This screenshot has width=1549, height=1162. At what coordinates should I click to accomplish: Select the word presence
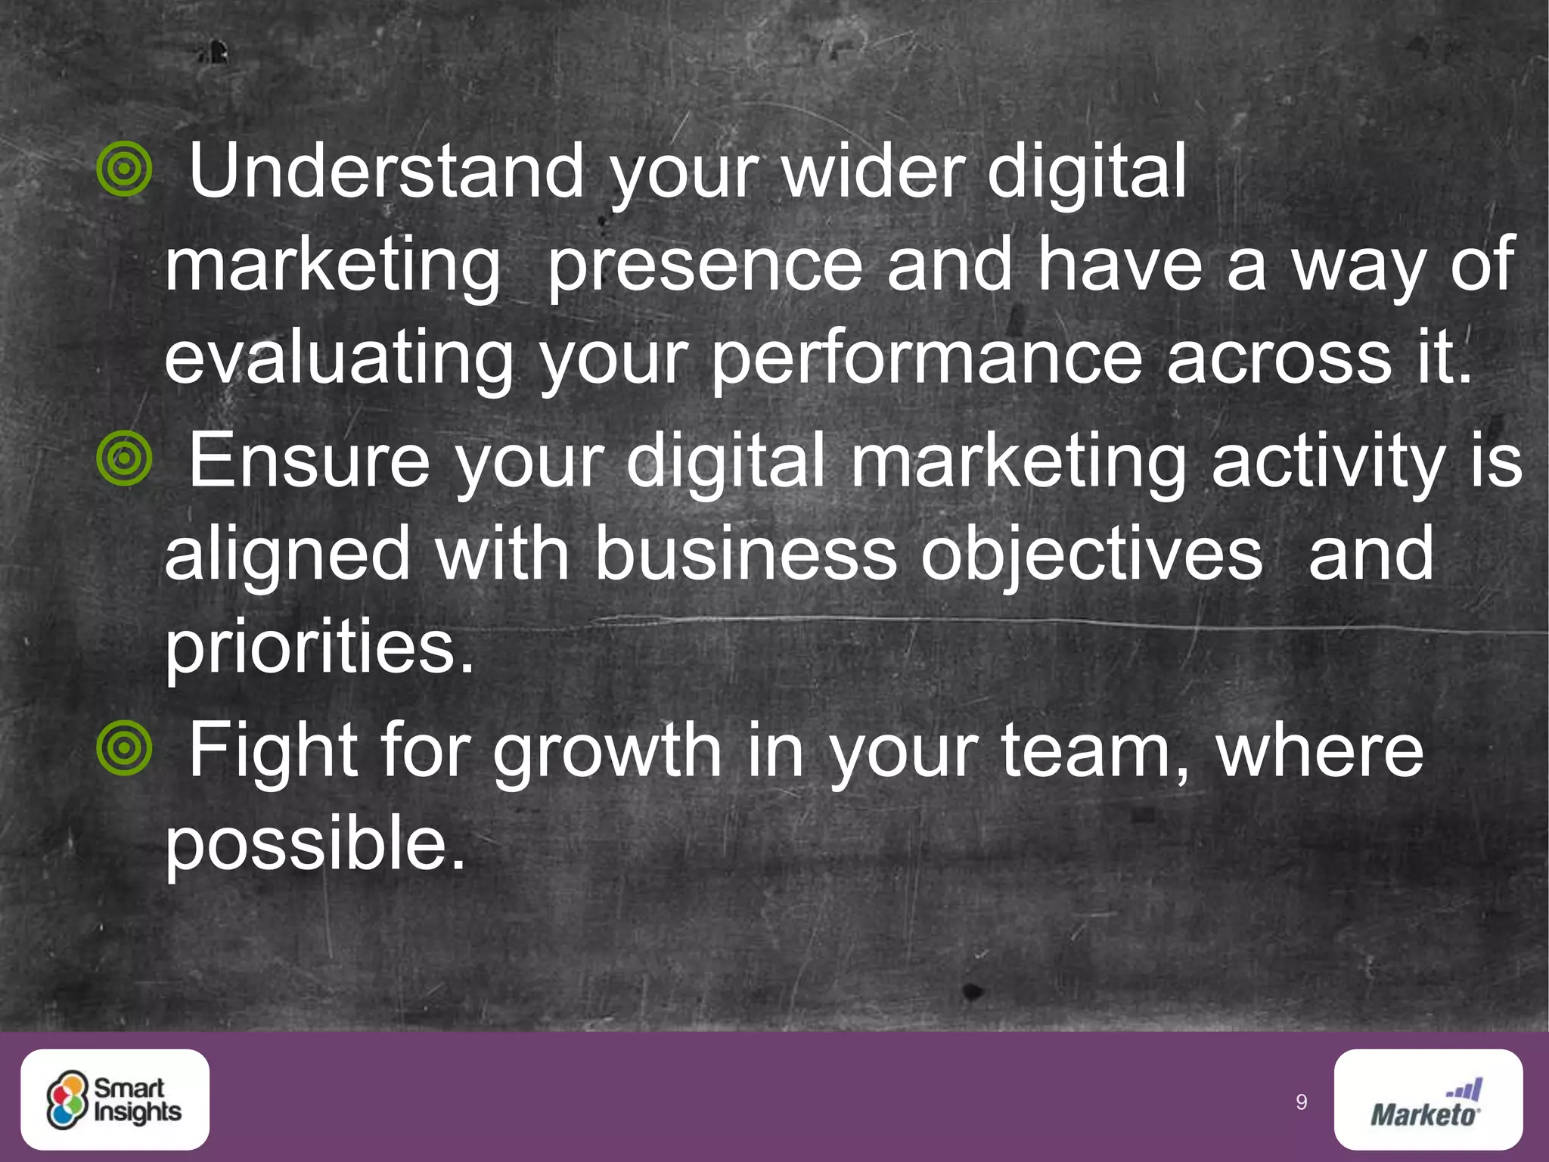coord(704,265)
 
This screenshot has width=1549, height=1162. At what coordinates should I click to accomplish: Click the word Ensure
coord(309,460)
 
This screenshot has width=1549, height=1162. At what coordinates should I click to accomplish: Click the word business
coord(745,555)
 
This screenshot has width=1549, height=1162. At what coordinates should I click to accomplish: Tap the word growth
coord(607,752)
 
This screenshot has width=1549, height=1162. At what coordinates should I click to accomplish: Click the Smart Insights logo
coord(115,1099)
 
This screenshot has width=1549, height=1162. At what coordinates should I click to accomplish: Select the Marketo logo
coord(1428,1099)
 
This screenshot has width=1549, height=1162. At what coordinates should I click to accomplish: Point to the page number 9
coord(1301,1102)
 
